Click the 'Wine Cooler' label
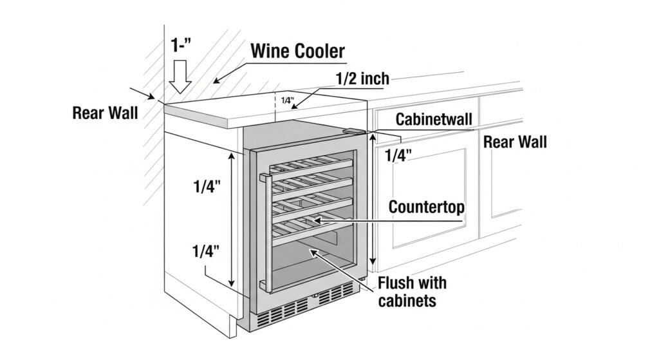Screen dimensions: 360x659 297,51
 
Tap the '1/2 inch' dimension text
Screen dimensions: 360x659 362,79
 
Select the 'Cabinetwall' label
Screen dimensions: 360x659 434,119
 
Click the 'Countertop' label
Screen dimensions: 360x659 427,207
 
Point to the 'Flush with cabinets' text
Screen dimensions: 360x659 412,291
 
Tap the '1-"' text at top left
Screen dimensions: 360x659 183,45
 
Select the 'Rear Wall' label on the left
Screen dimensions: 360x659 105,113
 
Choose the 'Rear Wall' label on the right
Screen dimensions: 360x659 515,142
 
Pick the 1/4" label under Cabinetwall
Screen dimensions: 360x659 399,155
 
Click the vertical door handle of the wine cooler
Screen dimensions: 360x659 263,232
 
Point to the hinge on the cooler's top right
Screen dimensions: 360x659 353,132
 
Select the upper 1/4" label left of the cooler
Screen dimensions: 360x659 207,187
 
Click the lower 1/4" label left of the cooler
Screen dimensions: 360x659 207,252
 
